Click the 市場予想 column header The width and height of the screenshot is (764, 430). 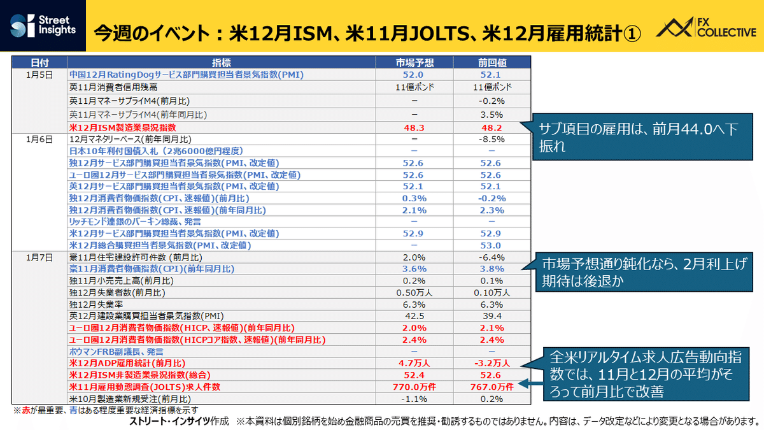pos(414,62)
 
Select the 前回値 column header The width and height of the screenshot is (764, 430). pos(492,62)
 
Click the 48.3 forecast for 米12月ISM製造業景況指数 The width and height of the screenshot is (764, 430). pos(414,128)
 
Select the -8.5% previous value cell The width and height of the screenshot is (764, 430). pos(492,140)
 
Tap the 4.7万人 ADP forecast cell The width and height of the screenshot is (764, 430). pos(414,363)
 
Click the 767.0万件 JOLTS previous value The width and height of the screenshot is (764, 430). pos(492,386)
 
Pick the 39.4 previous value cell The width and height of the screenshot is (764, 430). pos(492,316)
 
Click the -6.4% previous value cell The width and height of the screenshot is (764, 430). pos(492,257)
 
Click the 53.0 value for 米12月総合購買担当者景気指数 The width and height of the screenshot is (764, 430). pos(492,245)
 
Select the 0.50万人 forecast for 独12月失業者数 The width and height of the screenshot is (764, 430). pos(414,292)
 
